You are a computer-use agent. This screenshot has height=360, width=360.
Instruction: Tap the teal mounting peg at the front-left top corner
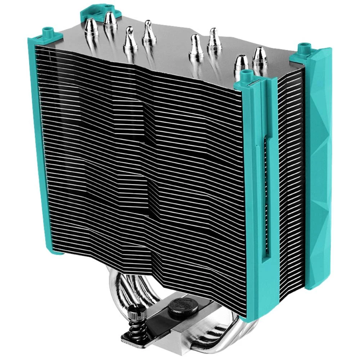tap(47, 32)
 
